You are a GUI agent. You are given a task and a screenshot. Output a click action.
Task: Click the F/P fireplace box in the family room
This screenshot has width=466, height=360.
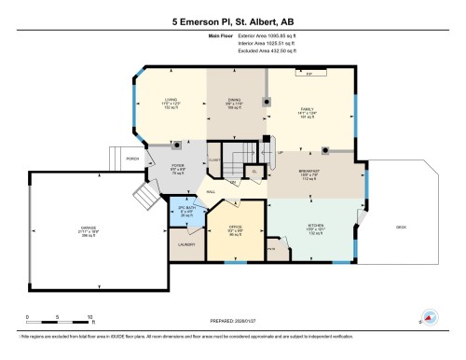pyautogui.click(x=308, y=72)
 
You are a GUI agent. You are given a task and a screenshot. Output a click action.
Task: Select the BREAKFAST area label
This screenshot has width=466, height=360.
pyautogui.click(x=310, y=172)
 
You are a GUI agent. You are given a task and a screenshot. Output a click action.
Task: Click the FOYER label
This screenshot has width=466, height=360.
pyautogui.click(x=177, y=168)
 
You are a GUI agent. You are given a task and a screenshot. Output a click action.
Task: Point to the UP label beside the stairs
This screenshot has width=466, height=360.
pyautogui.click(x=280, y=152)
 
